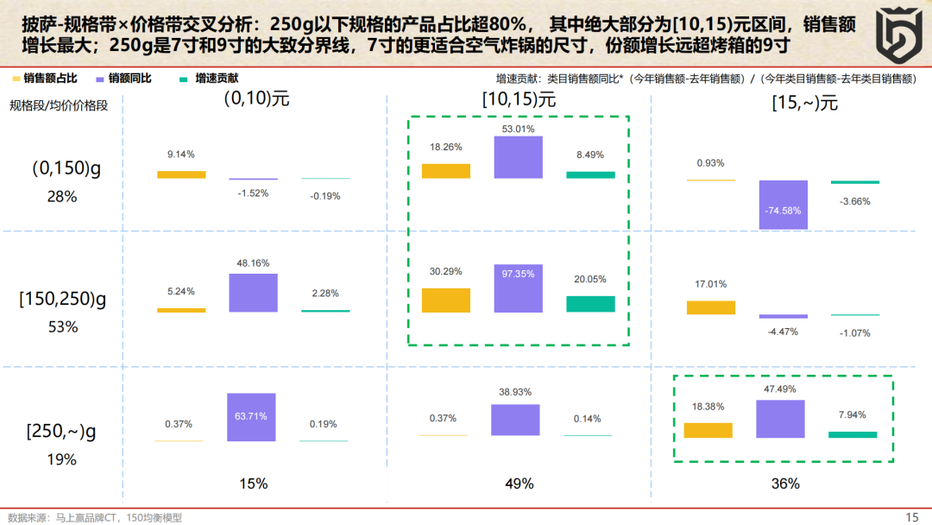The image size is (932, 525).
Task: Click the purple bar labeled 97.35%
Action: click(518, 288)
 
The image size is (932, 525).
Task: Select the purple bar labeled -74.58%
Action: click(783, 205)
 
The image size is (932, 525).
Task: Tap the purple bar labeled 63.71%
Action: click(252, 417)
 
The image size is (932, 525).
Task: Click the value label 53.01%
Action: click(518, 130)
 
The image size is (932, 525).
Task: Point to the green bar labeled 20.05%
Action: click(590, 304)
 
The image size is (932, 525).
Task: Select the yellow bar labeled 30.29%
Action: click(446, 300)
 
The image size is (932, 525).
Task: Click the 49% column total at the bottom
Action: click(520, 484)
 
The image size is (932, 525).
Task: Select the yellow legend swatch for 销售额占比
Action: click(16, 79)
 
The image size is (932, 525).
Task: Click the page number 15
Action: click(911, 517)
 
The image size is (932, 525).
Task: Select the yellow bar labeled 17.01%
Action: click(711, 307)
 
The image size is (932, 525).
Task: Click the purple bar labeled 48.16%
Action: click(253, 293)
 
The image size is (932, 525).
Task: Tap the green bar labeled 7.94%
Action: click(853, 434)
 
